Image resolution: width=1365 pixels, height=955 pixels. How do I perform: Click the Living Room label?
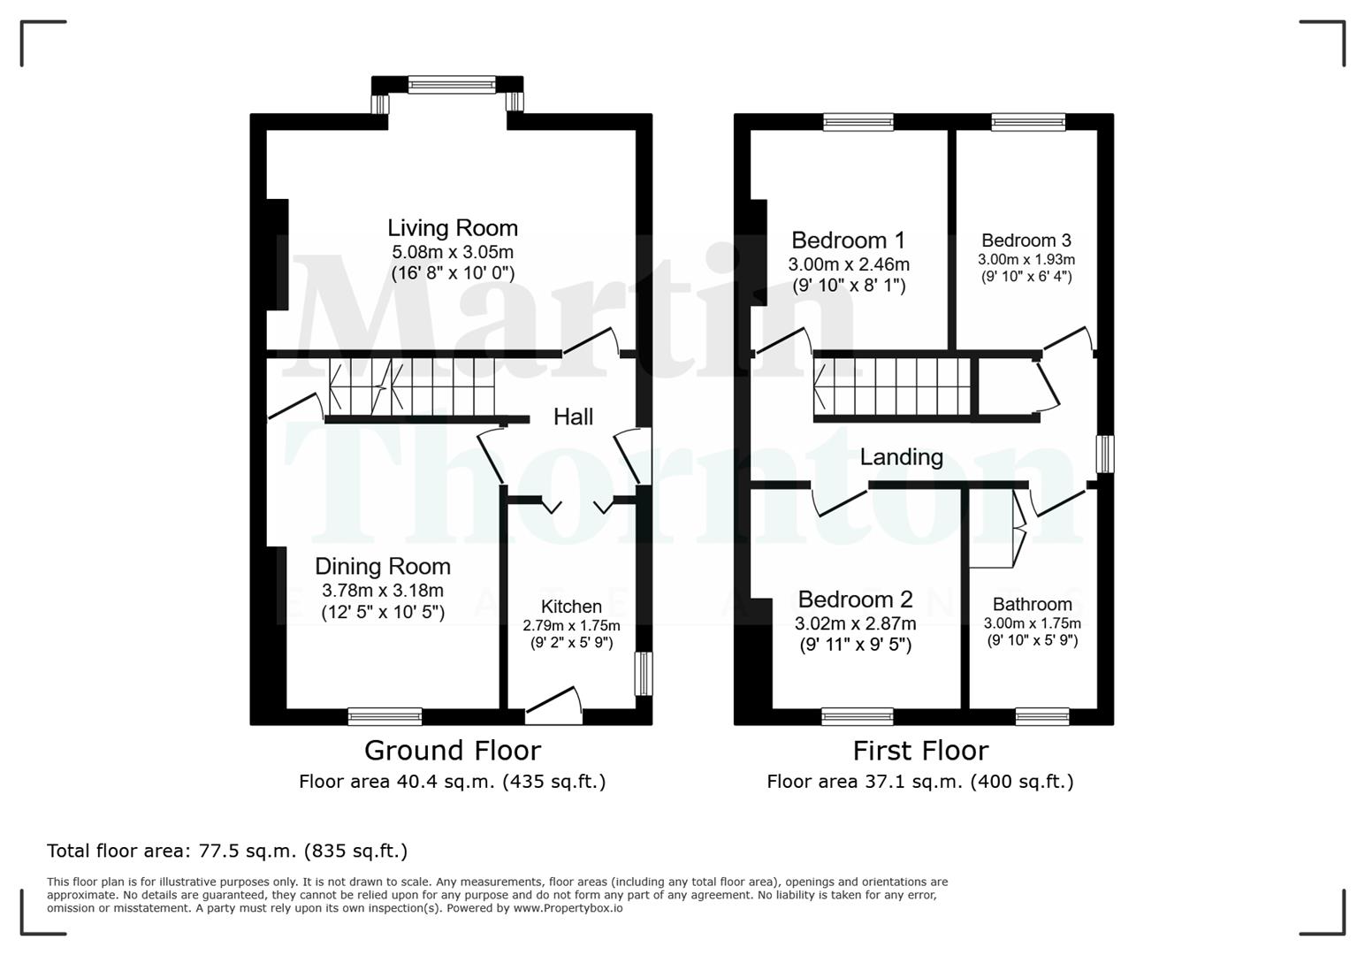[452, 228]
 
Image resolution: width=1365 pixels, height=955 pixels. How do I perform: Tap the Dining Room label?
[382, 567]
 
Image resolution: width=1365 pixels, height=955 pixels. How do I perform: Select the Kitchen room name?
[571, 607]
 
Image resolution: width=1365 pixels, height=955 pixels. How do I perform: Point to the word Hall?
[573, 416]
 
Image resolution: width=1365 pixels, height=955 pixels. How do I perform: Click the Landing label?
[901, 457]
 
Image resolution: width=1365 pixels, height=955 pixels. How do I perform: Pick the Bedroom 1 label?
[848, 241]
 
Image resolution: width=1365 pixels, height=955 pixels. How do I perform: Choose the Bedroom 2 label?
[855, 600]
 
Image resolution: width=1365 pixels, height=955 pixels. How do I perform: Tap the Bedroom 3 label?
[1026, 241]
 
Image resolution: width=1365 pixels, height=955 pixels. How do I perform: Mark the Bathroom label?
[1032, 605]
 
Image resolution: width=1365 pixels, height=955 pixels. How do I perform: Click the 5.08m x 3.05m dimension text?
[453, 252]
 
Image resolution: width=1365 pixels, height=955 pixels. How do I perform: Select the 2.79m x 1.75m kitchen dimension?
[571, 625]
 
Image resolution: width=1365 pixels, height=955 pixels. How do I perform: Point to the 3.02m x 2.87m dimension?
[855, 623]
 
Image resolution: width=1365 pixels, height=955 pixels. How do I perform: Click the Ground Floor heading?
[452, 751]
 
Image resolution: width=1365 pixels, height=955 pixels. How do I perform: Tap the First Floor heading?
[919, 751]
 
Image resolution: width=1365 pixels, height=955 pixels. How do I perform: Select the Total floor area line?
[227, 852]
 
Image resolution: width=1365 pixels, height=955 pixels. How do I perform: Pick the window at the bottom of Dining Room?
[385, 715]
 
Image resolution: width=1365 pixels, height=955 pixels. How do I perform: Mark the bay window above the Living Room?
[452, 85]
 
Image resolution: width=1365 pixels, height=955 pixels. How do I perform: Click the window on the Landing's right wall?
[1104, 454]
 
